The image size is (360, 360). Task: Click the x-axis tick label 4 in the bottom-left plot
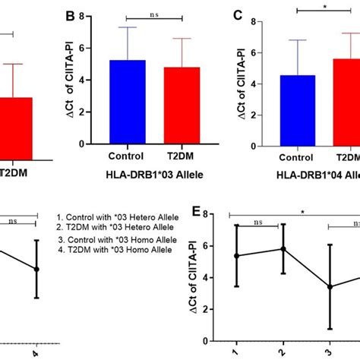[36, 352]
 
